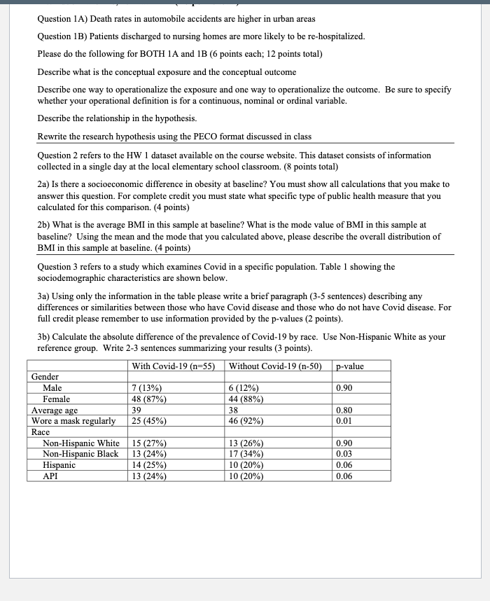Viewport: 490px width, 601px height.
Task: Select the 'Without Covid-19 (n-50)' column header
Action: (x=274, y=366)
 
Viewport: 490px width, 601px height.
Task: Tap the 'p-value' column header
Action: (x=350, y=366)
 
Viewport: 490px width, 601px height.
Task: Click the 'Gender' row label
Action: (x=45, y=377)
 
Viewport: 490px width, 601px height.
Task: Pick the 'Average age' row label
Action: (x=55, y=410)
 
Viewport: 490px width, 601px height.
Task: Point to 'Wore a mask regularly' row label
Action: (x=73, y=421)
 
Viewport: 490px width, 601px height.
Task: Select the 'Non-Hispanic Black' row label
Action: (x=80, y=453)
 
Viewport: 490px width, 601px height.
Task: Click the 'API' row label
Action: (x=50, y=476)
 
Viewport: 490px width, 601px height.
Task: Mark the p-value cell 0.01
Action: (x=344, y=421)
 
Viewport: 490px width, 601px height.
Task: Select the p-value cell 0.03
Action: (x=344, y=453)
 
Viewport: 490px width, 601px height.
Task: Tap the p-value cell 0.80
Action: (x=344, y=410)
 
